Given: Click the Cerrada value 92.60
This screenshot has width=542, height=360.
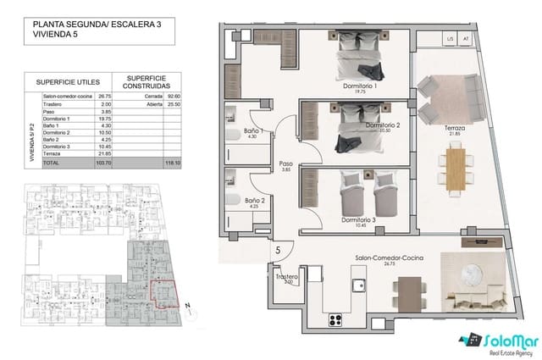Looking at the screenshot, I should pyautogui.click(x=174, y=97).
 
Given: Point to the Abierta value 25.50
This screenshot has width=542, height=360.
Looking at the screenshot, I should pyautogui.click(x=174, y=104).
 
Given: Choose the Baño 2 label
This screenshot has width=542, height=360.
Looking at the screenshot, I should pyautogui.click(x=255, y=202).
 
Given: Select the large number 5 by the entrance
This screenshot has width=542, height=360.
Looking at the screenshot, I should pyautogui.click(x=278, y=251).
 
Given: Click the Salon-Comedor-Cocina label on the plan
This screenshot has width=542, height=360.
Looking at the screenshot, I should pyautogui.click(x=390, y=258).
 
